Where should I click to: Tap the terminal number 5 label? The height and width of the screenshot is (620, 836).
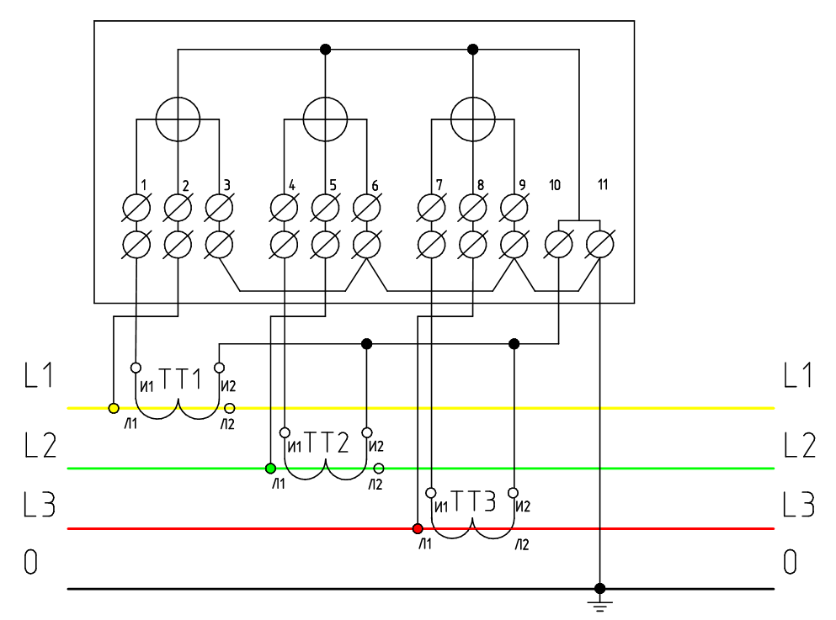(333, 184)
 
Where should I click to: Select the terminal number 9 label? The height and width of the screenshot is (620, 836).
(522, 184)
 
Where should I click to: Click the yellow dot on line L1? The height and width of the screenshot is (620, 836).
(114, 409)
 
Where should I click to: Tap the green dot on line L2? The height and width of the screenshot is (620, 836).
(270, 468)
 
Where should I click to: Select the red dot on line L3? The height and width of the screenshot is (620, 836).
(417, 528)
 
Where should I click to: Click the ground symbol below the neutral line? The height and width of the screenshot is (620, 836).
(599, 604)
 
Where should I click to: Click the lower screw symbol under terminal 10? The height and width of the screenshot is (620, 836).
(559, 245)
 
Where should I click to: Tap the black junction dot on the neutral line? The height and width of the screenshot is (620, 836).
(599, 588)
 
